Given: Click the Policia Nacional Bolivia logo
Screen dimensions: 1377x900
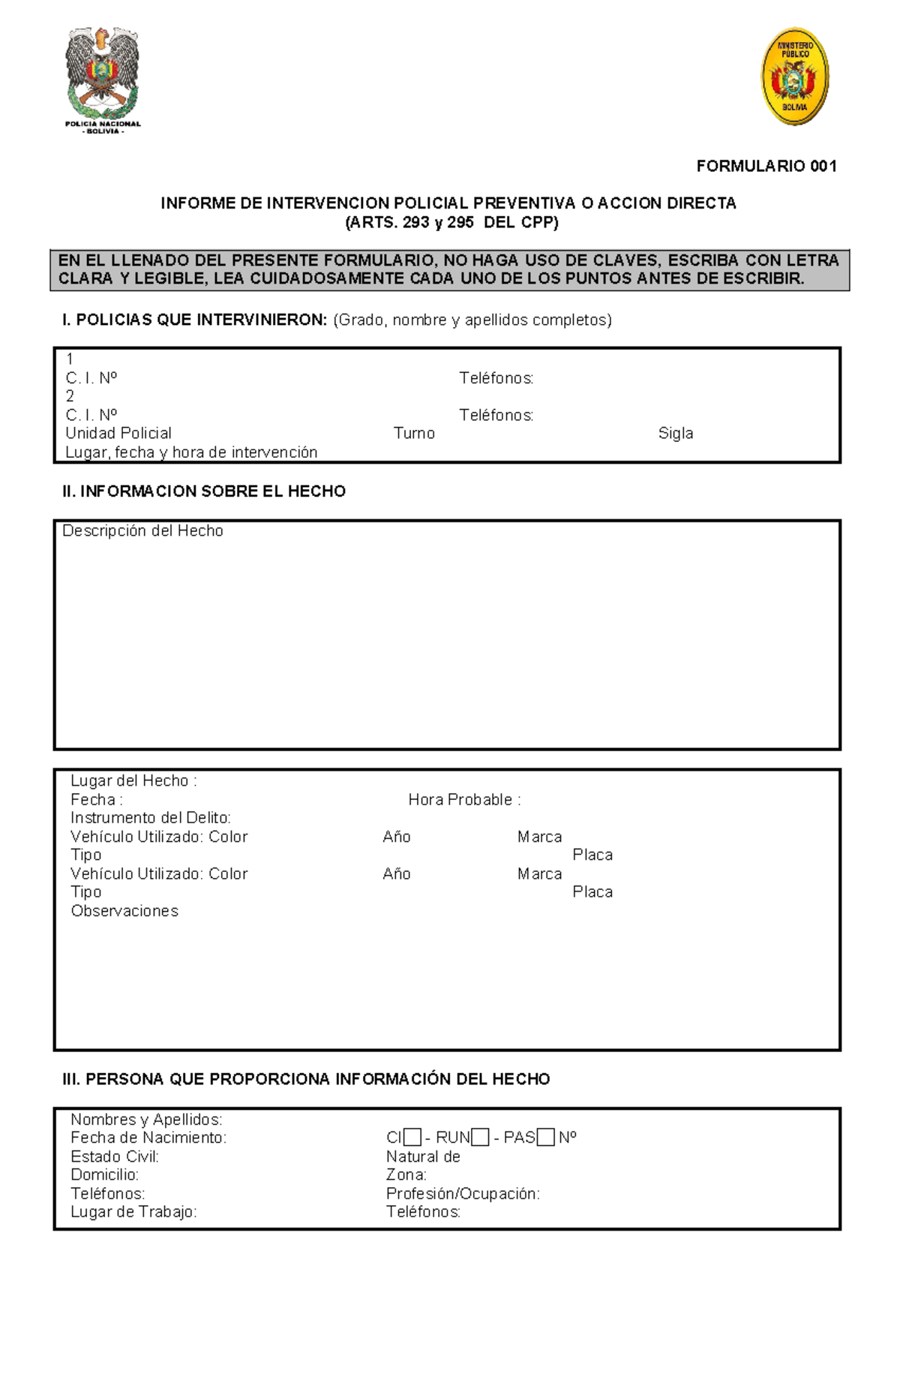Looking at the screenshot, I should (103, 80).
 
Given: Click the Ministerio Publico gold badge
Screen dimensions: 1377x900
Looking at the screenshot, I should (795, 77).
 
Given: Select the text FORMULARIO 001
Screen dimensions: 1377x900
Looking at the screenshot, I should (766, 166).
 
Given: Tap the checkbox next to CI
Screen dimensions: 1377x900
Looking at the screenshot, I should (412, 1138).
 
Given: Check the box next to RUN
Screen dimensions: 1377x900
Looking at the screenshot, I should (480, 1138).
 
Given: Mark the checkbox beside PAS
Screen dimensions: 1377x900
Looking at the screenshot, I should (546, 1138).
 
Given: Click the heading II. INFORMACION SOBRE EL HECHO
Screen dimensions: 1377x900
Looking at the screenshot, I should (204, 492).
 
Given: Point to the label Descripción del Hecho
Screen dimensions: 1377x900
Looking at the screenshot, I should (142, 531).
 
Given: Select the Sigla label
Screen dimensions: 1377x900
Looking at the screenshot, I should (675, 433).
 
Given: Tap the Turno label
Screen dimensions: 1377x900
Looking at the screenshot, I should (414, 433).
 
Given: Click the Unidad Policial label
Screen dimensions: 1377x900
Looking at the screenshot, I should (118, 433).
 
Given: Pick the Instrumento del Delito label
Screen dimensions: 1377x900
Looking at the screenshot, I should (150, 818).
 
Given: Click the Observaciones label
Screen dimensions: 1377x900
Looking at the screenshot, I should (124, 911).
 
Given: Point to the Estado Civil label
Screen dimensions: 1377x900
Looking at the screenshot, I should (115, 1156).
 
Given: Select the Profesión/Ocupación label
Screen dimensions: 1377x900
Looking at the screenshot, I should (463, 1193).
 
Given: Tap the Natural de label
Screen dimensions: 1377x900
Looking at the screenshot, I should (423, 1156).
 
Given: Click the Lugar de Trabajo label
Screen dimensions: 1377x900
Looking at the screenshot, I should (133, 1212).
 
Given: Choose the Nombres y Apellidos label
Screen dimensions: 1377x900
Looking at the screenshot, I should (146, 1120).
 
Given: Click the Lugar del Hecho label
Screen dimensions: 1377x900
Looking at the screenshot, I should (133, 780).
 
